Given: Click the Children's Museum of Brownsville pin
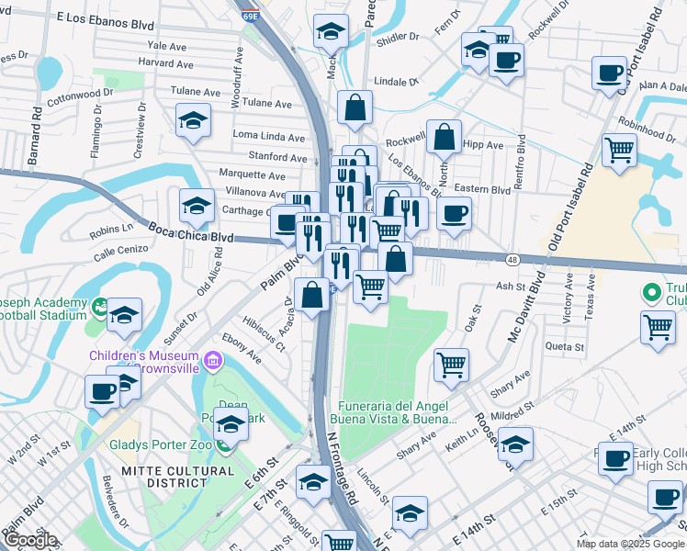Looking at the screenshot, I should [214, 356].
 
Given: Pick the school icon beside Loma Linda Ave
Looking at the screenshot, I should [193, 120].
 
